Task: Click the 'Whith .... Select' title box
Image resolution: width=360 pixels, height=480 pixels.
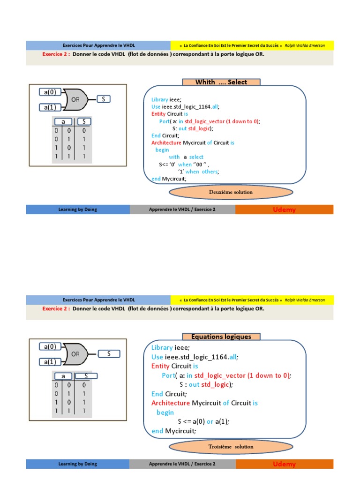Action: click(x=221, y=82)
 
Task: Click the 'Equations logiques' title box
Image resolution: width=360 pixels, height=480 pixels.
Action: click(x=221, y=337)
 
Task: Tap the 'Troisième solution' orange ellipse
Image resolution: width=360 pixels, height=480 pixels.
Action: click(x=231, y=447)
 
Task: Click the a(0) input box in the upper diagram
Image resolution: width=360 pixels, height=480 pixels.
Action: click(x=50, y=92)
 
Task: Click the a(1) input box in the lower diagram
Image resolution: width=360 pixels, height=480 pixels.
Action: click(x=50, y=361)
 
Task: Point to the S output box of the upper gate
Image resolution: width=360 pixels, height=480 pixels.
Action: click(x=104, y=99)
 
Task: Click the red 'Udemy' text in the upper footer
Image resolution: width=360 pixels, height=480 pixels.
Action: click(x=284, y=210)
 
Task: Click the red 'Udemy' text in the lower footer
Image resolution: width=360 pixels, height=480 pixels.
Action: click(x=284, y=464)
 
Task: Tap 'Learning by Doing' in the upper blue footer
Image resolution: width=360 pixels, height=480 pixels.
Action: click(x=77, y=210)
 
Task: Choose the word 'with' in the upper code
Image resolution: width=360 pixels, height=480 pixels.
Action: click(x=174, y=157)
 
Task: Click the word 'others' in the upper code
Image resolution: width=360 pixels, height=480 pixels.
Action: click(x=210, y=172)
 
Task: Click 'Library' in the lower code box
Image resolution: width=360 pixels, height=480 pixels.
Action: click(x=162, y=347)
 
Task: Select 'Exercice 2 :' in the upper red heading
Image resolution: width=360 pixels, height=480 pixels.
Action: click(x=56, y=54)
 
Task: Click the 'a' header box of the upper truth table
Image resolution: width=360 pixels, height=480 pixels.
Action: click(x=63, y=121)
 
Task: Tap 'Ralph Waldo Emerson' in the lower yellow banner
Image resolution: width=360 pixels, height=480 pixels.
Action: click(x=305, y=300)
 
